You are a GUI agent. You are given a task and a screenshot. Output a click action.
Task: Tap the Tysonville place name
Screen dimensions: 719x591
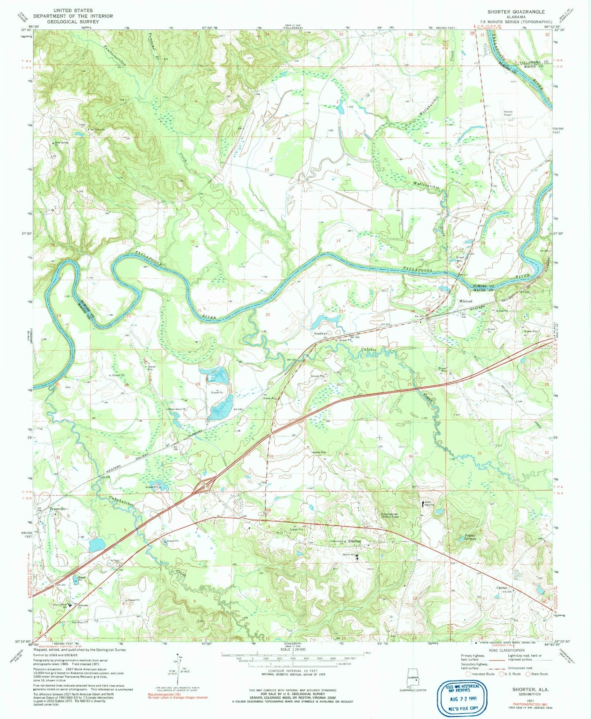tap(57, 509)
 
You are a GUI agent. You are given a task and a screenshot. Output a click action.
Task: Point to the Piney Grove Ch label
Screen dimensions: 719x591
tap(178, 409)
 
